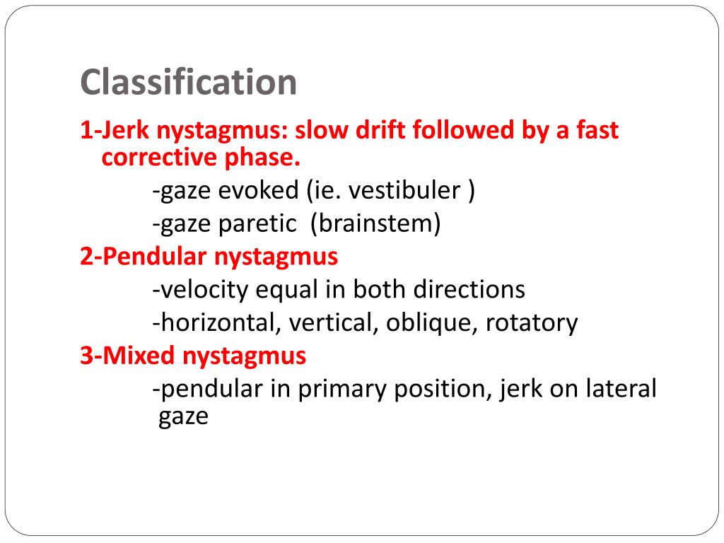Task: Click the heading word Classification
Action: pyautogui.click(x=188, y=83)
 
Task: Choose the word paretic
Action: pyautogui.click(x=257, y=224)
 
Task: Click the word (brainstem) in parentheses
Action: pyautogui.click(x=380, y=224)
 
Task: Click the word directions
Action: pyautogui.click(x=469, y=289)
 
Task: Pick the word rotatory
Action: pyautogui.click(x=532, y=323)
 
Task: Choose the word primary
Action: pyautogui.click(x=338, y=388)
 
